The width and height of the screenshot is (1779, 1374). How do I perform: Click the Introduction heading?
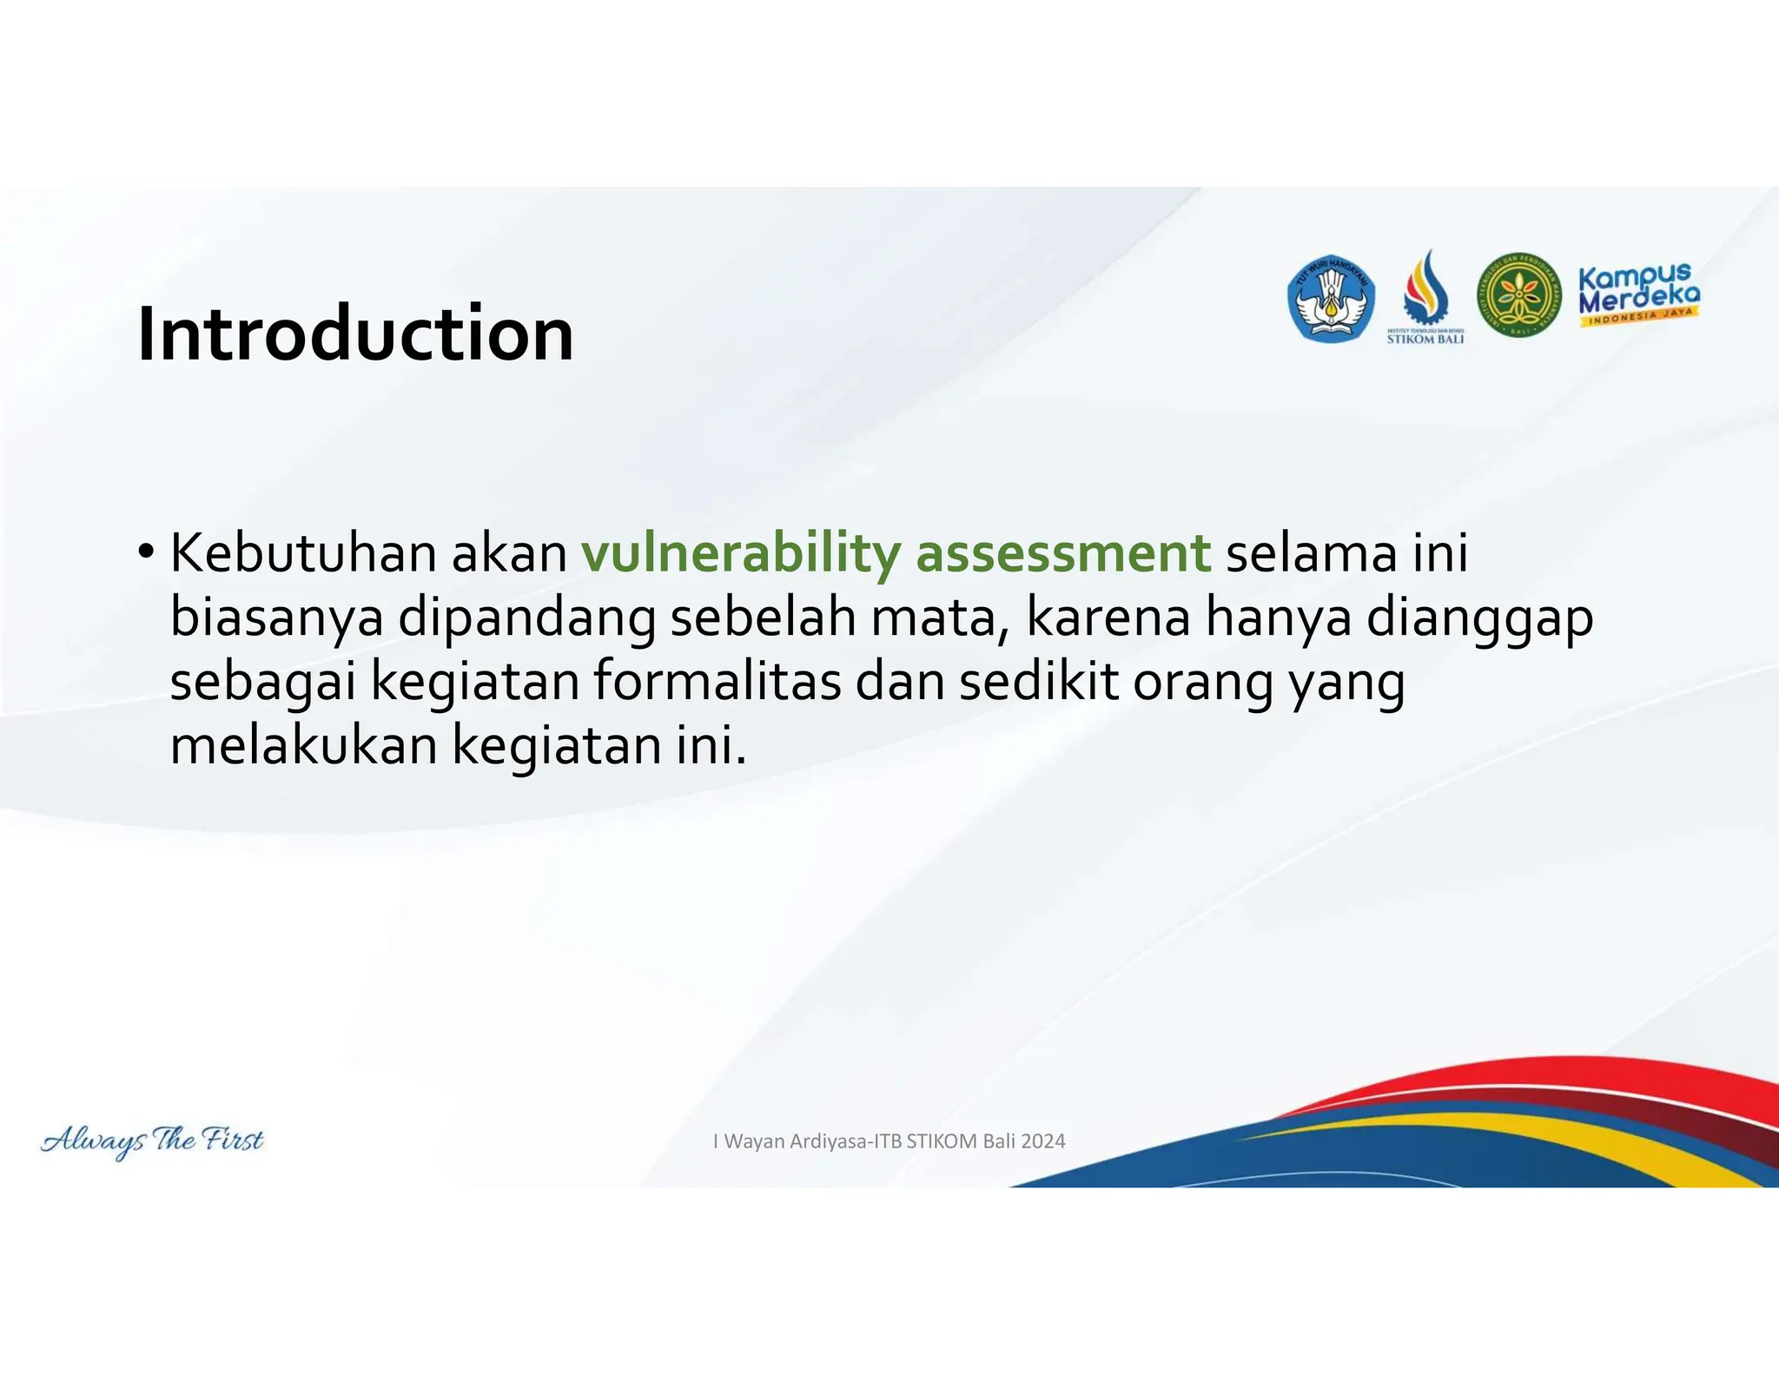pos(355,334)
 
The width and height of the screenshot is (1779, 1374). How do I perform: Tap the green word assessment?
pos(1063,553)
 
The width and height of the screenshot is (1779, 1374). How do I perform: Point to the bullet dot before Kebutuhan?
pos(146,552)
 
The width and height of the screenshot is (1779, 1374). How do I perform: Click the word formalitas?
pos(718,682)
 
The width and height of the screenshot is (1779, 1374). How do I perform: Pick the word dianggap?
pos(1480,618)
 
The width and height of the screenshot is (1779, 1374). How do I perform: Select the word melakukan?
pos(303,746)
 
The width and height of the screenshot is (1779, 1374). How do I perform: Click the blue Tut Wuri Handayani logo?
pos(1330,299)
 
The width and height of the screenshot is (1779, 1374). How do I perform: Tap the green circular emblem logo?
pos(1518,296)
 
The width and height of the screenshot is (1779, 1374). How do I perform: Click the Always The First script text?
pos(152,1140)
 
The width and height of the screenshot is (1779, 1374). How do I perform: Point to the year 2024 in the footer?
pos(1042,1141)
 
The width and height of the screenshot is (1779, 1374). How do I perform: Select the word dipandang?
pos(526,618)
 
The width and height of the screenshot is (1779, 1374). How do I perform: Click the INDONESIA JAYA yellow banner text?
pos(1640,317)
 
